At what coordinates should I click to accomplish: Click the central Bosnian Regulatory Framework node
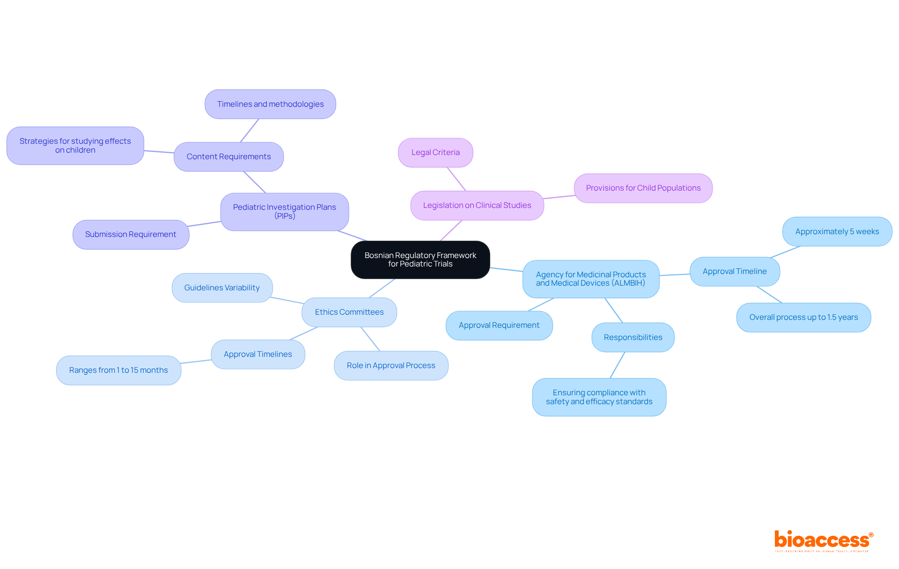pyautogui.click(x=420, y=259)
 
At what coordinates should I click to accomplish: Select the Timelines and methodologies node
pyautogui.click(x=270, y=104)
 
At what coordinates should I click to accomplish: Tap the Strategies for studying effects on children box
pyautogui.click(x=75, y=146)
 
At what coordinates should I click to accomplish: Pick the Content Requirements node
pyautogui.click(x=228, y=156)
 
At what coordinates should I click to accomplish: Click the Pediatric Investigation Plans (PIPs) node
pyautogui.click(x=284, y=212)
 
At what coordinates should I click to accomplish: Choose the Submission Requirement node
pyautogui.click(x=131, y=234)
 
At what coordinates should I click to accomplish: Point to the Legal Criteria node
pyautogui.click(x=435, y=152)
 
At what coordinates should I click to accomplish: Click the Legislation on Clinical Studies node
pyautogui.click(x=477, y=205)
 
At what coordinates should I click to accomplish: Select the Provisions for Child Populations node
pyautogui.click(x=643, y=188)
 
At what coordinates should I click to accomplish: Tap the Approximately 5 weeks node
pyautogui.click(x=837, y=231)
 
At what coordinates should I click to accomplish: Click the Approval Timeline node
pyautogui.click(x=734, y=271)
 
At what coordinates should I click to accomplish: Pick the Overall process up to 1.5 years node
pyautogui.click(x=803, y=317)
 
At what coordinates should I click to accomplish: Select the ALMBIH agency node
pyautogui.click(x=590, y=279)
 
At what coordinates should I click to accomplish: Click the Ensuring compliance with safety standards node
pyautogui.click(x=599, y=397)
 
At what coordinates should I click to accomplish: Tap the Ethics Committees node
pyautogui.click(x=349, y=312)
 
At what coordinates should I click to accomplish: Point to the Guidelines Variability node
pyautogui.click(x=221, y=288)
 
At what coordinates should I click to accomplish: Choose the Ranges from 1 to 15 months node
pyautogui.click(x=118, y=370)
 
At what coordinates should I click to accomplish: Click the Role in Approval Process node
pyautogui.click(x=391, y=365)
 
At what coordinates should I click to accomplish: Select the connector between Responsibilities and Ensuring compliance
pyautogui.click(x=617, y=365)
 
